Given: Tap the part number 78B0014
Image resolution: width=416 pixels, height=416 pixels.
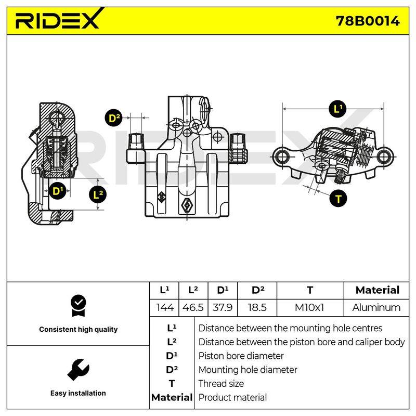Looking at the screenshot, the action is [x=368, y=21].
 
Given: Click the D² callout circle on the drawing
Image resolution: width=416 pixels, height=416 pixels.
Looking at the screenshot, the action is [x=114, y=118].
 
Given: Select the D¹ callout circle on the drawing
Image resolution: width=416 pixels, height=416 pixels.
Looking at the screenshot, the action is [x=57, y=191].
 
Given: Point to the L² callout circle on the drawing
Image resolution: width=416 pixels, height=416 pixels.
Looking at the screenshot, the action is [x=98, y=194].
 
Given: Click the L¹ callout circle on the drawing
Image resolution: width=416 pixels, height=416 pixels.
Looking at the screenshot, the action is [x=337, y=109].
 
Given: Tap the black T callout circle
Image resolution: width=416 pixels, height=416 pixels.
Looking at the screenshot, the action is [x=338, y=199].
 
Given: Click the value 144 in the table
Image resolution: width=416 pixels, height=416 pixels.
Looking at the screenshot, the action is [x=165, y=308].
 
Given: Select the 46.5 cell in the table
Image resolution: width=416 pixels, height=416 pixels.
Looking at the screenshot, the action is [x=193, y=308].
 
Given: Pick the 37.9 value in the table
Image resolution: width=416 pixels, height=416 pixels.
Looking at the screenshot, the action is [x=223, y=308].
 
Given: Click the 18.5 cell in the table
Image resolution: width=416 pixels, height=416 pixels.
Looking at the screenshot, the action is [x=257, y=308].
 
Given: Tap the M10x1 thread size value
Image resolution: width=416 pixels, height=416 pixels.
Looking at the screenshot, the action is [x=309, y=308].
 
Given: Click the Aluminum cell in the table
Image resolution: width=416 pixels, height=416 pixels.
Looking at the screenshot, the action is [x=376, y=308].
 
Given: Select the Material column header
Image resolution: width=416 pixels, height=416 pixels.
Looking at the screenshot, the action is [x=377, y=290].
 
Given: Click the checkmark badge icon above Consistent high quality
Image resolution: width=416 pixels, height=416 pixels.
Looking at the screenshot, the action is [x=79, y=306].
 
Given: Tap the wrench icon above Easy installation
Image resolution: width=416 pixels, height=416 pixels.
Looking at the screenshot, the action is [x=78, y=370].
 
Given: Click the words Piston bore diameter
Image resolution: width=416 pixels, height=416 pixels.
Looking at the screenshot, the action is [x=241, y=356].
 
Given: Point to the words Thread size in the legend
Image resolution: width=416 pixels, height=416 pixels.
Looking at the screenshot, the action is [x=221, y=383].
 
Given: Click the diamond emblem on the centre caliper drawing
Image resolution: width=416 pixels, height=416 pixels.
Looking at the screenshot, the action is [x=187, y=205].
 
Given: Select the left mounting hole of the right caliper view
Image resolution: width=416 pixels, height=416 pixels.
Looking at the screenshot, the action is [x=282, y=157].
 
